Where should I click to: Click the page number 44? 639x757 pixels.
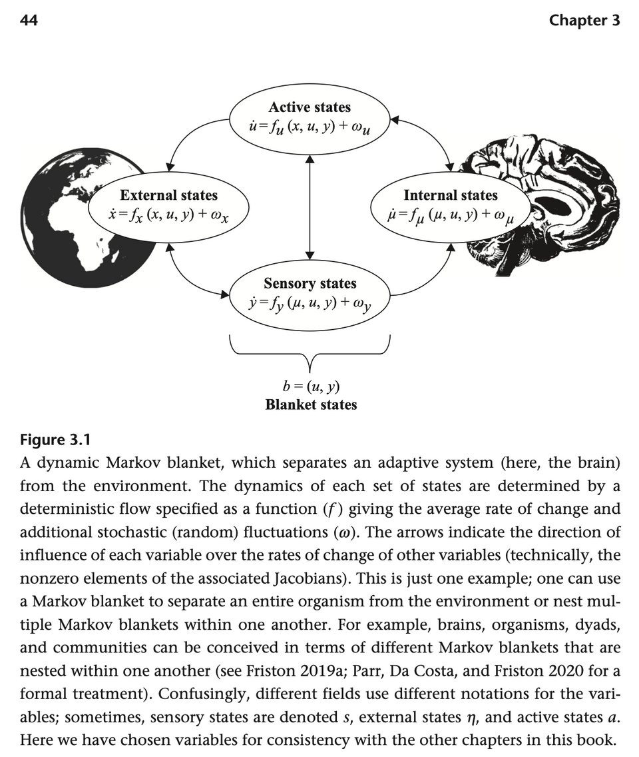[29, 21]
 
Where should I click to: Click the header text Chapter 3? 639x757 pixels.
[584, 21]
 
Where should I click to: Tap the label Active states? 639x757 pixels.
[310, 107]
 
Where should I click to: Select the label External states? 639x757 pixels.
[168, 195]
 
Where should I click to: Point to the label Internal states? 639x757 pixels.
[450, 195]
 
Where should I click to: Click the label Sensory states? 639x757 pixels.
[310, 284]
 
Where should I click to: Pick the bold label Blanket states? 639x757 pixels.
[311, 404]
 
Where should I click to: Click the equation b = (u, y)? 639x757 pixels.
[311, 386]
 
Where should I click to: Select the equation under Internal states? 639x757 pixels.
[450, 215]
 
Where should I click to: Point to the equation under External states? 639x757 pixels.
[168, 215]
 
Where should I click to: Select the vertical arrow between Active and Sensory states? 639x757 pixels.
[310, 207]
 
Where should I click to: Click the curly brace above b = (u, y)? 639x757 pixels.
[310, 353]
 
